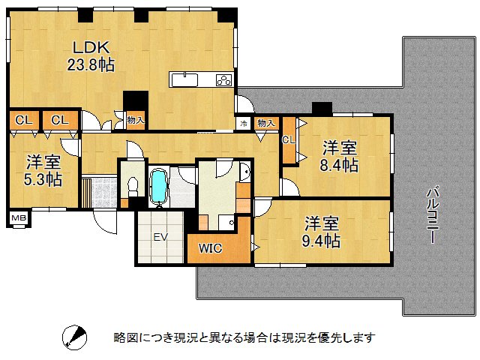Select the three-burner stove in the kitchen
223,80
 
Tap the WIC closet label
211,249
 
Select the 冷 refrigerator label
243,122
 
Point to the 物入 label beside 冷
265,122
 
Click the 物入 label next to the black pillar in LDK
135,120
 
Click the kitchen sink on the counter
187,79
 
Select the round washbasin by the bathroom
244,172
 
